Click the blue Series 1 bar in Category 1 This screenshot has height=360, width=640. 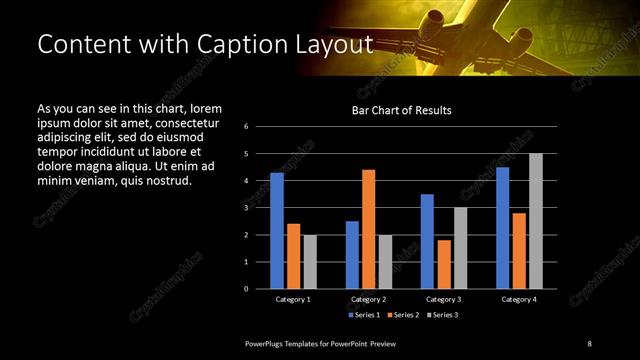click(x=277, y=231)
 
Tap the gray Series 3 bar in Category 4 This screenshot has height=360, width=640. click(x=535, y=221)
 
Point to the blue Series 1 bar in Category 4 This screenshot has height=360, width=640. click(x=502, y=228)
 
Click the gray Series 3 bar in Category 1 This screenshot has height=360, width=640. click(x=310, y=262)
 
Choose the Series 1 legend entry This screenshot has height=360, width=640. click(x=363, y=315)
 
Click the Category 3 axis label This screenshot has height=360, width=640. click(x=443, y=299)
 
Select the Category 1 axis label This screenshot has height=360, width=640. click(x=293, y=299)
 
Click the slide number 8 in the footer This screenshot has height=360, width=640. click(x=590, y=343)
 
